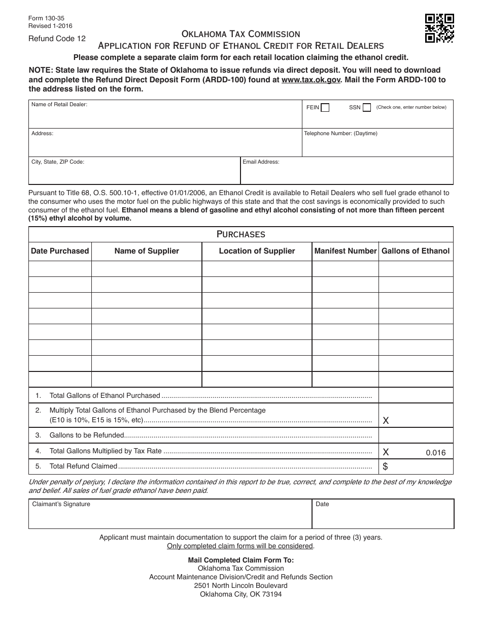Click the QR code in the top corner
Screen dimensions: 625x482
click(439, 28)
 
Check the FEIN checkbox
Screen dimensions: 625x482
click(325, 108)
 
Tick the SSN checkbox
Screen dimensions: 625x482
click(367, 108)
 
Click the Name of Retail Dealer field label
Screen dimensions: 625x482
click(59, 105)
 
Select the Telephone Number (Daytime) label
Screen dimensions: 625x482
click(340, 134)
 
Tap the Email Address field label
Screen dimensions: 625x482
click(261, 162)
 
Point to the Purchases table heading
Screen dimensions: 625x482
click(240, 234)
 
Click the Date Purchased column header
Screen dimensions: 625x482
click(60, 251)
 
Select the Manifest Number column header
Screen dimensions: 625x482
click(345, 251)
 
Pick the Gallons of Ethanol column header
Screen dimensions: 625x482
click(416, 251)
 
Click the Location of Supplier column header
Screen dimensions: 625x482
click(257, 251)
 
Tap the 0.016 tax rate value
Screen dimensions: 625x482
click(436, 453)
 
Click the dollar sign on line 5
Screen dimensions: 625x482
click(386, 466)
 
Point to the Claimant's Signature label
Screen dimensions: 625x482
click(61, 504)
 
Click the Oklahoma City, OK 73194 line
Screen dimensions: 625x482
click(240, 594)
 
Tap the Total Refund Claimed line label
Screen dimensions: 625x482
click(83, 466)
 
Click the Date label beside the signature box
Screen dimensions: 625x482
click(322, 504)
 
